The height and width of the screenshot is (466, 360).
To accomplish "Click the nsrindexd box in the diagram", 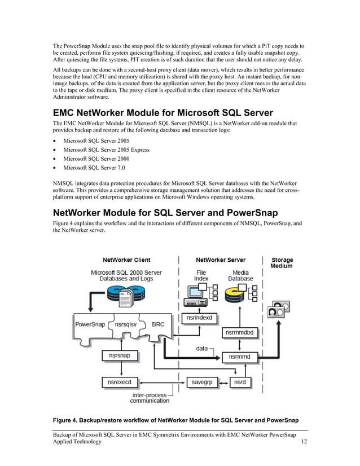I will [x=199, y=318].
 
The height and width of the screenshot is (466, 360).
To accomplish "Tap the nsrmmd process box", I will [x=240, y=357].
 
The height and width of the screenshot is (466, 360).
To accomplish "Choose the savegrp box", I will [x=201, y=383].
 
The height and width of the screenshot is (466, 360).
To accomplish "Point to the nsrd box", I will [x=239, y=383].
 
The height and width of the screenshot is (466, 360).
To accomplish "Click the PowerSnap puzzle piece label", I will [x=90, y=325].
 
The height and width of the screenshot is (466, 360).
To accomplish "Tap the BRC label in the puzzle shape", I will [x=158, y=325].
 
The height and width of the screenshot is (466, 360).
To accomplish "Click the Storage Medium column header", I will [x=282, y=263].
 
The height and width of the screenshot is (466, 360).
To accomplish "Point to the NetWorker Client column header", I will [x=126, y=260].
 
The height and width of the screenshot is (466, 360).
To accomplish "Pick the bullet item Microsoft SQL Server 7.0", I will [x=94, y=168].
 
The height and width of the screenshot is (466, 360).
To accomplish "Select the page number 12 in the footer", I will [x=304, y=442].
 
